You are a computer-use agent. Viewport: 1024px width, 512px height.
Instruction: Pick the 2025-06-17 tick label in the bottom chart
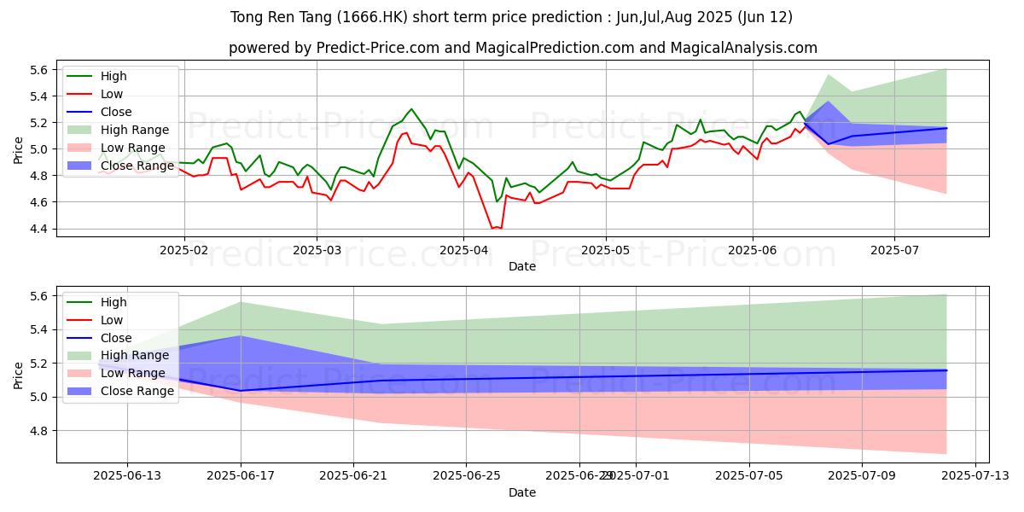pyautogui.click(x=241, y=477)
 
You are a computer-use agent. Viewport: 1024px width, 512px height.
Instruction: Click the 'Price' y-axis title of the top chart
pyautogui.click(x=19, y=149)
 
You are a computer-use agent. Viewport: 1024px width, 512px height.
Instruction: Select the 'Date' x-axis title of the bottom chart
pyautogui.click(x=522, y=492)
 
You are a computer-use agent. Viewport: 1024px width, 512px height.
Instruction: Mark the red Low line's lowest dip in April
pyautogui.click(x=496, y=228)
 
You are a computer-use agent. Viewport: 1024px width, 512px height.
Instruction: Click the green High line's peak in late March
pyautogui.click(x=411, y=109)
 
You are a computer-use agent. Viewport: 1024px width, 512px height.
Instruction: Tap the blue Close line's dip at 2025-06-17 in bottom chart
pyautogui.click(x=241, y=390)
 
